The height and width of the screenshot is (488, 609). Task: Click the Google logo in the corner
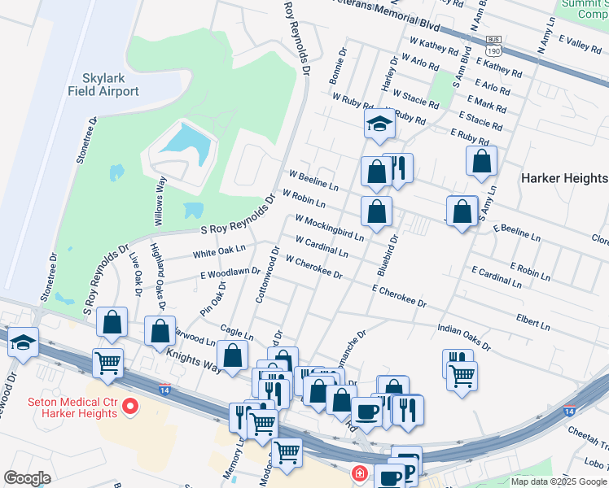27,478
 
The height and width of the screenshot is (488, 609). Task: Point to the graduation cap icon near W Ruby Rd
379,124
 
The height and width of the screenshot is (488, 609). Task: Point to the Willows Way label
160,198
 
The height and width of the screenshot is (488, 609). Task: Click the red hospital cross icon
358,473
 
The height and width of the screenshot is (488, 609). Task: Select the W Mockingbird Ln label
329,228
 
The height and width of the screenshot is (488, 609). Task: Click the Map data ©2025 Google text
558,481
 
